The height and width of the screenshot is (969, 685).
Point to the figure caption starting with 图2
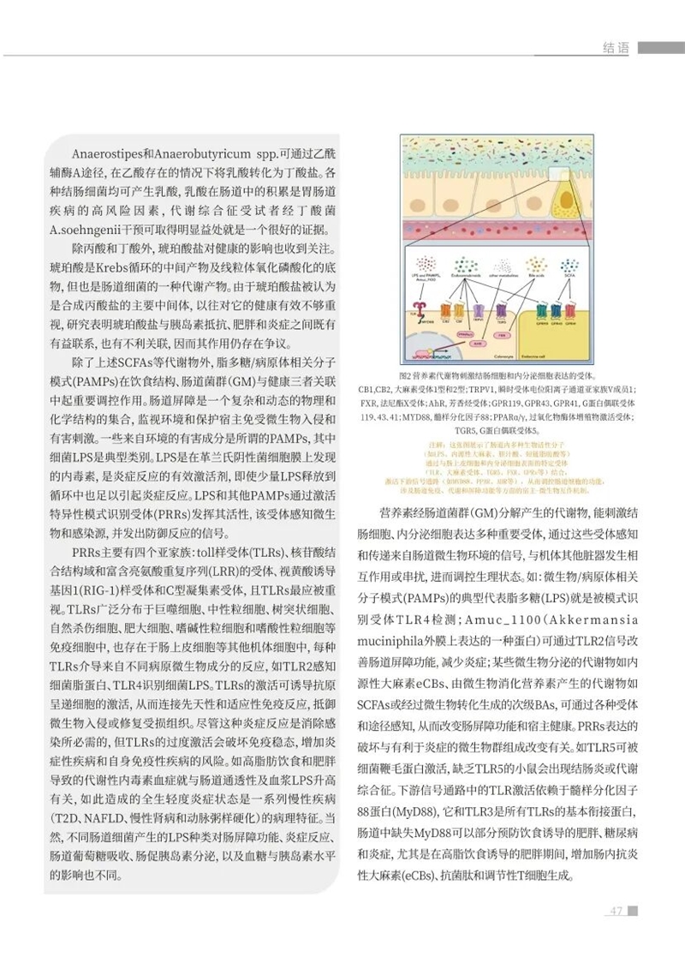(x=497, y=375)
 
